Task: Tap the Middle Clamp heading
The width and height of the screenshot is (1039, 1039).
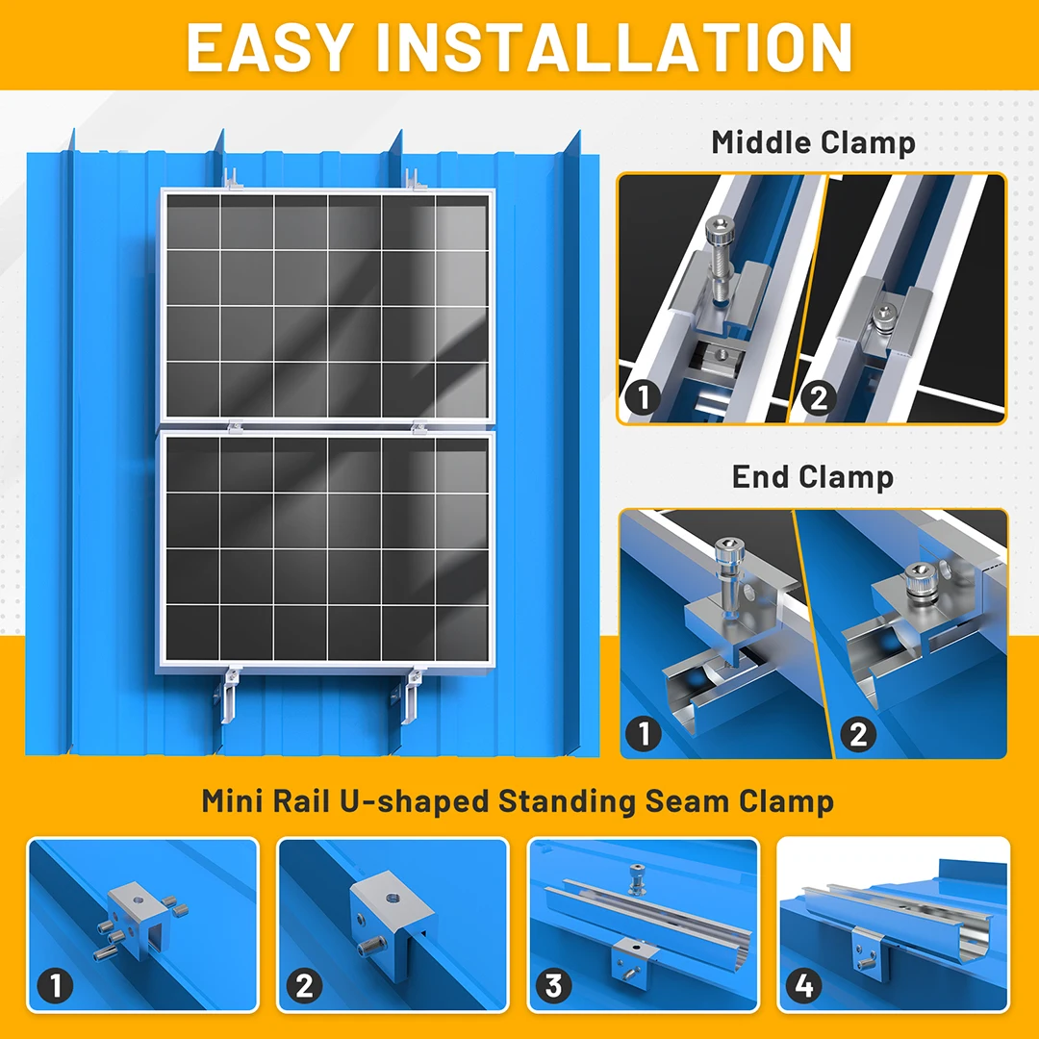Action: [813, 142]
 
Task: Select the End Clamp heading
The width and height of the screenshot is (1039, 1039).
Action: [813, 476]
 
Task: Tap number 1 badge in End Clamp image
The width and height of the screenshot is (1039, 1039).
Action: [644, 734]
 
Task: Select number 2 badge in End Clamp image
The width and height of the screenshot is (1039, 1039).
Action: [858, 734]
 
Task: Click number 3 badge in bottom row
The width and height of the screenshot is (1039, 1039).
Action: [553, 985]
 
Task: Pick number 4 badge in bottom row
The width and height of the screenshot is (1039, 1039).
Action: [803, 985]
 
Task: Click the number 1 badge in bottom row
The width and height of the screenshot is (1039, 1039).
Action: [55, 985]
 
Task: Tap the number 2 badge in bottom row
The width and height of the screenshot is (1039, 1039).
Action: [305, 985]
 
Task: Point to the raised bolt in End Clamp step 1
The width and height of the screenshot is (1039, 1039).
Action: [726, 568]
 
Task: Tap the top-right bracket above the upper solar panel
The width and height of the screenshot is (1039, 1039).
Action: [414, 179]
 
